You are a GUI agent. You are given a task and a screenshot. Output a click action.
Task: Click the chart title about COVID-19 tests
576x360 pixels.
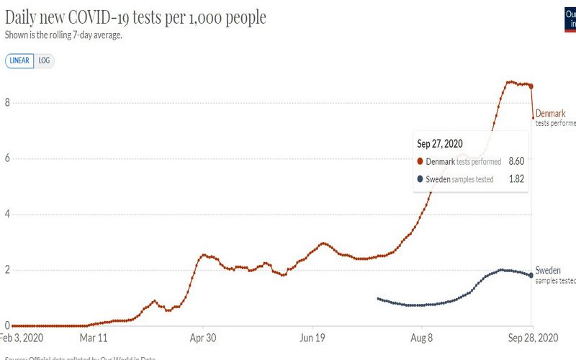135,17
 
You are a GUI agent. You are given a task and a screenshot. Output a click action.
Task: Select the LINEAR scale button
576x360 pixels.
19,60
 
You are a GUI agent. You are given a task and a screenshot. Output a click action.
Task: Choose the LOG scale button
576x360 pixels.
45,60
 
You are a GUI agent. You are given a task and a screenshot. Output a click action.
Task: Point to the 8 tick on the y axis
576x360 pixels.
6,103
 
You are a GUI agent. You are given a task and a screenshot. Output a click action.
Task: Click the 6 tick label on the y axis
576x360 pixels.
6,159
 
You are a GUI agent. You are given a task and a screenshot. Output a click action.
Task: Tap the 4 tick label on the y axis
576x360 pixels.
6,215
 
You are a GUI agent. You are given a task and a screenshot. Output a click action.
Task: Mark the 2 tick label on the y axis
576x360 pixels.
6,270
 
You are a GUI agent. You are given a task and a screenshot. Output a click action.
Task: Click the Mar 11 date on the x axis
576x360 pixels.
93,337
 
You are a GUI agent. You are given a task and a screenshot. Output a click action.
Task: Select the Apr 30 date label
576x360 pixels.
202,337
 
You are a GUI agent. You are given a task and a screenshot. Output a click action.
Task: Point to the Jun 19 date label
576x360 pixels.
312,337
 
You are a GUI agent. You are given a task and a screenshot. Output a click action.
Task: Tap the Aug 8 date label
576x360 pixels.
421,337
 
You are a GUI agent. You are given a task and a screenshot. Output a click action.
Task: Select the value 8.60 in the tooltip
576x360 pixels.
516,161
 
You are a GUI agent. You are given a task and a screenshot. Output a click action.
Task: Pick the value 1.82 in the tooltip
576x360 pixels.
516,179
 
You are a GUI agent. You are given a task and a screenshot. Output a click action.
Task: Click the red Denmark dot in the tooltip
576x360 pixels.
420,161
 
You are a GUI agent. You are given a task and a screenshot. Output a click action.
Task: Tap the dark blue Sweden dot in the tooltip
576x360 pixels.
420,179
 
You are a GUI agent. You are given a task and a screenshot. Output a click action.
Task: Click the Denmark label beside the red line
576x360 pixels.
550,114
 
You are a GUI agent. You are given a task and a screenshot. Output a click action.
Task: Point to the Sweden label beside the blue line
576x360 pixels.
548,271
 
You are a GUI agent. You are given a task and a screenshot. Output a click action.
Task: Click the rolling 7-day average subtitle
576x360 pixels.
63,35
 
